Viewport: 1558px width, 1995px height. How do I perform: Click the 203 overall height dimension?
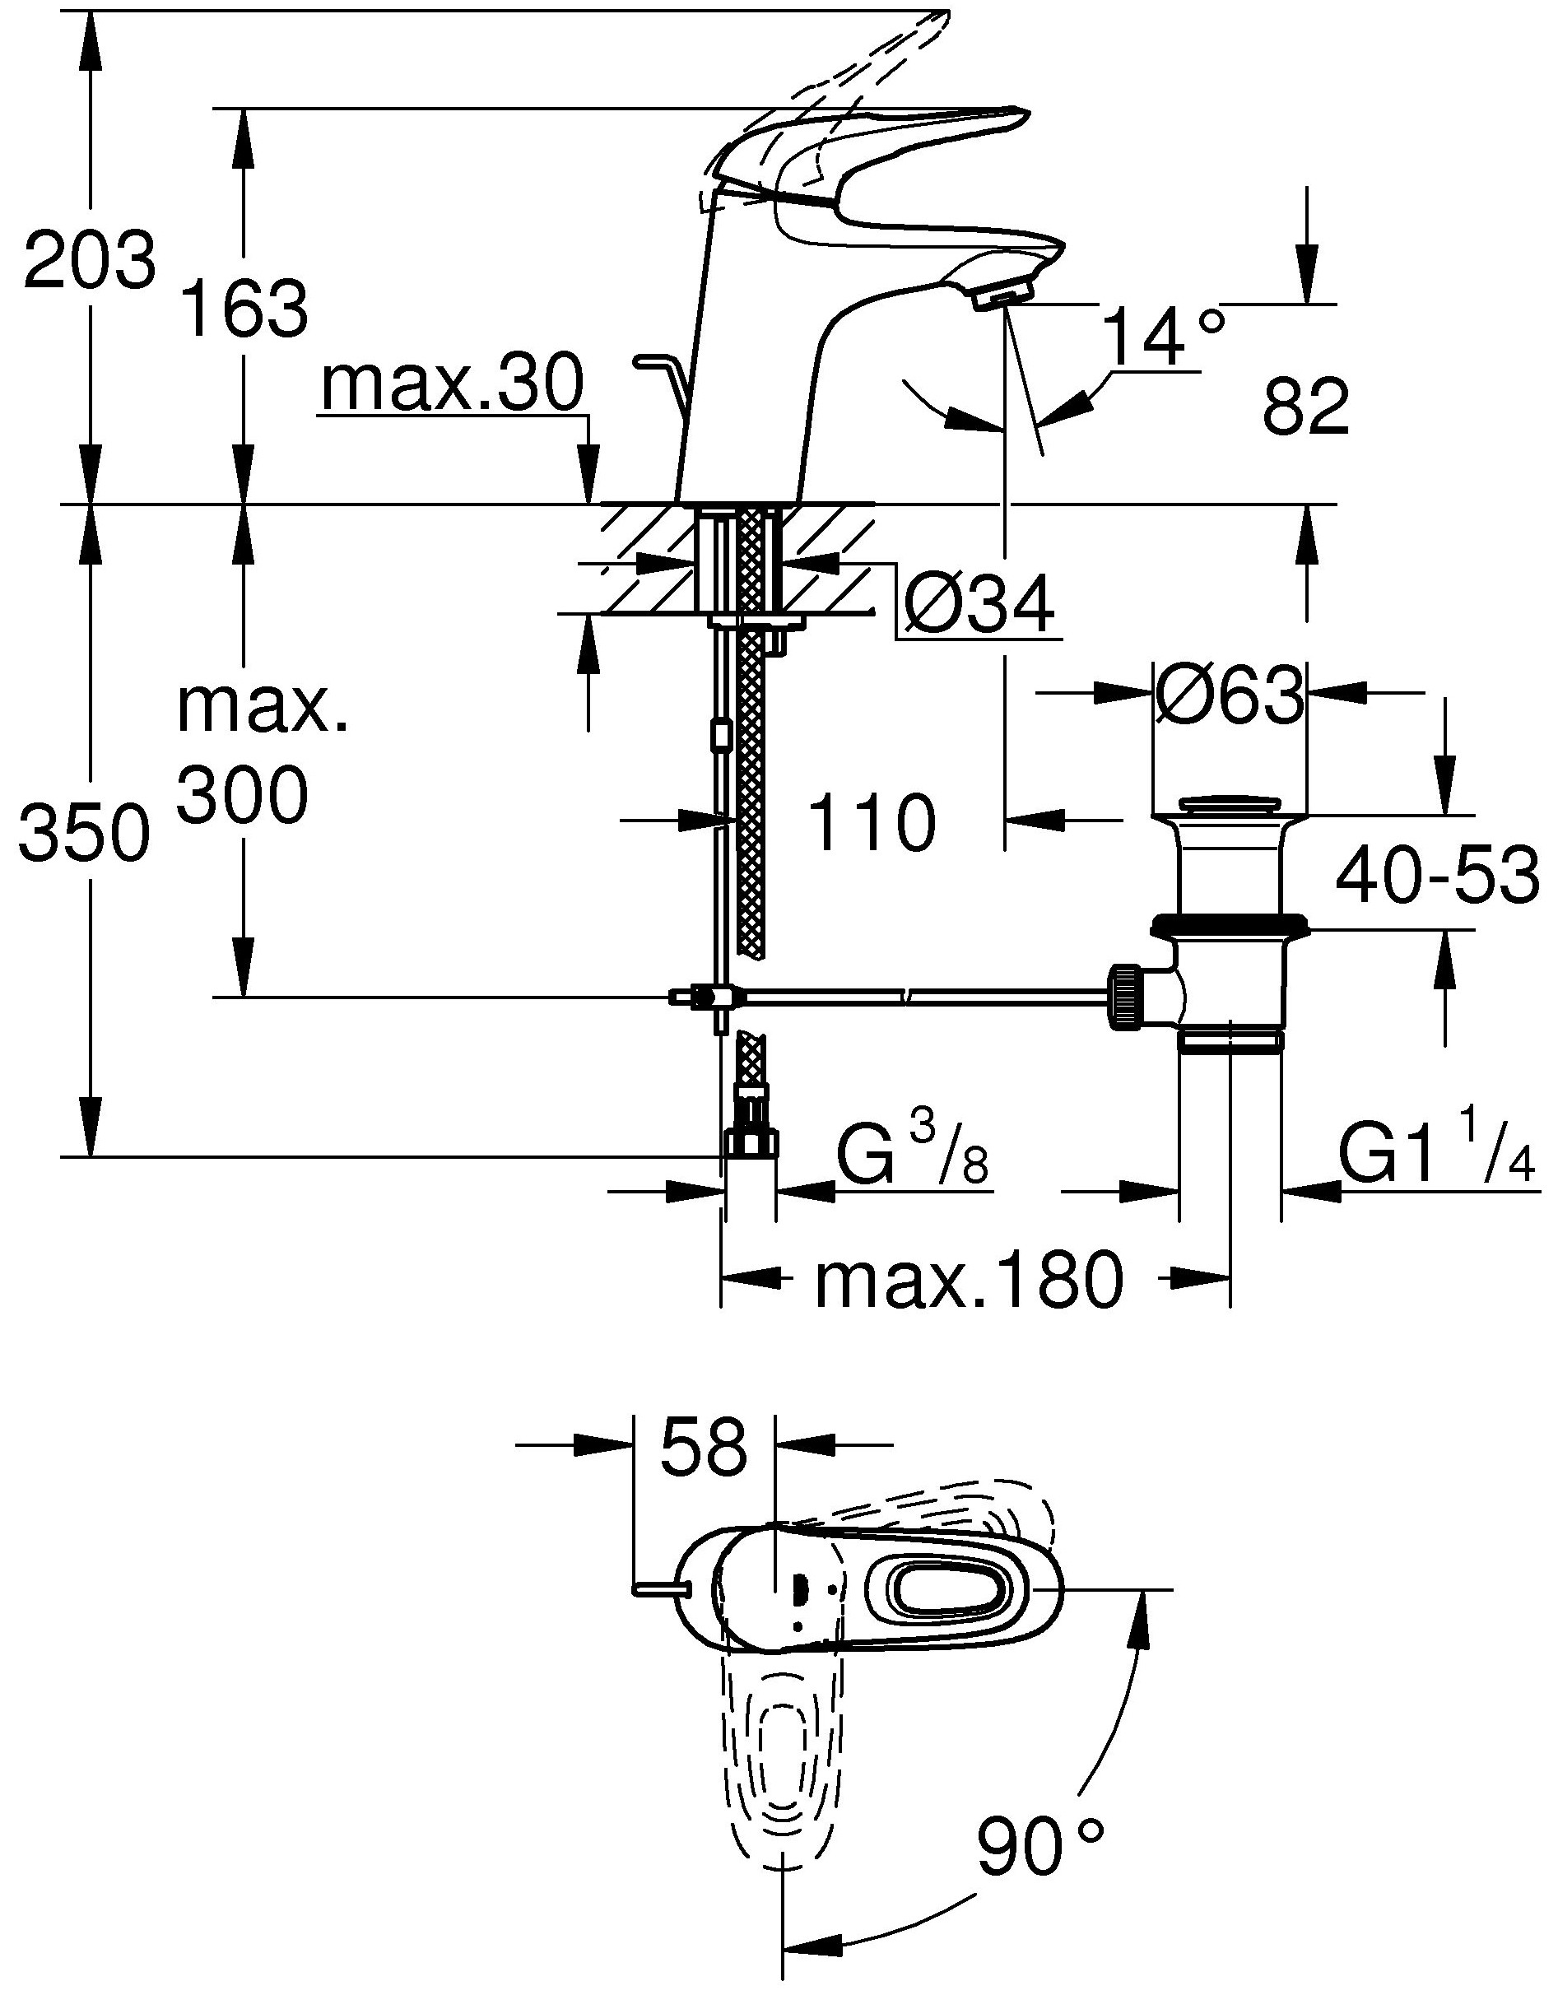tap(90, 260)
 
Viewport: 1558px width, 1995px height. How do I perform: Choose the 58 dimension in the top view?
tap(703, 1446)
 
